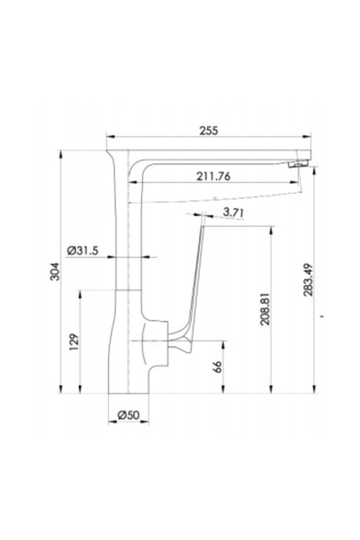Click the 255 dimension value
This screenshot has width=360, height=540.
click(x=209, y=131)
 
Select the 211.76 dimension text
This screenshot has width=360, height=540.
click(x=214, y=176)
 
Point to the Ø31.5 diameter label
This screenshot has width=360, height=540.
click(x=82, y=250)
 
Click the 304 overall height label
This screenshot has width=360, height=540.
click(x=55, y=272)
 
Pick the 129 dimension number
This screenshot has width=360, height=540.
click(x=74, y=342)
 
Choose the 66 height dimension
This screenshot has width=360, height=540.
click(x=218, y=367)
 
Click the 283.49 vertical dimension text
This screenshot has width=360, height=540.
click(x=308, y=280)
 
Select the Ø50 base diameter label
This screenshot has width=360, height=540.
click(x=128, y=415)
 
